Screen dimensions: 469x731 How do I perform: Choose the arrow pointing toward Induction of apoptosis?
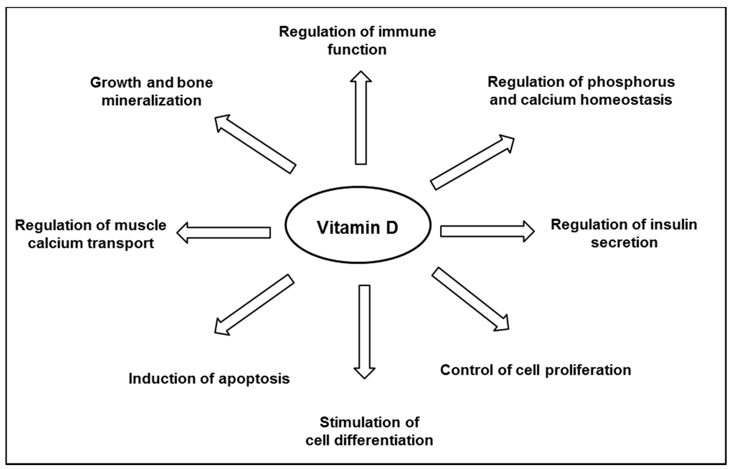[254, 304]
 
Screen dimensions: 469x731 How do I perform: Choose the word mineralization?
[151, 101]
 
